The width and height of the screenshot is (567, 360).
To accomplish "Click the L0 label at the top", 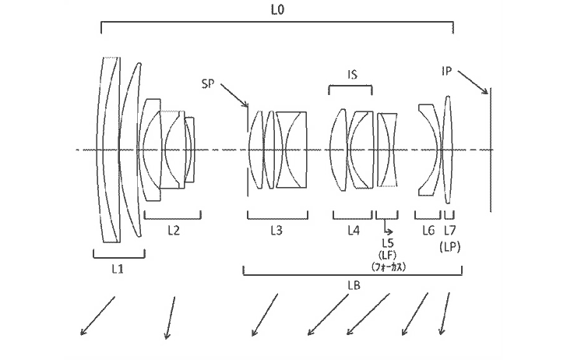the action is point(278,10).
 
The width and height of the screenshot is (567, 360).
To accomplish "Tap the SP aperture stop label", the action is point(208,84).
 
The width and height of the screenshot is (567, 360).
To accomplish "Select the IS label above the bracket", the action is point(352,75).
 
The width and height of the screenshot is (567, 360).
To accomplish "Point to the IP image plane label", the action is point(447,71).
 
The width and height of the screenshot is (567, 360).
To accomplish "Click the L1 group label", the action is point(118,269).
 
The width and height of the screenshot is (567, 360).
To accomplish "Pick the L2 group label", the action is point(174,230).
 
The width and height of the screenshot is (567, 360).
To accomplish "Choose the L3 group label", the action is point(276,230).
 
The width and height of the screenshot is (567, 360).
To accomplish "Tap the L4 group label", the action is point(354,230).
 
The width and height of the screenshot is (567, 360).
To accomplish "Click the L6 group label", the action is point(428,230).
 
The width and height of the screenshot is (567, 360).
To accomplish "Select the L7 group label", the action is point(450,230).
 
